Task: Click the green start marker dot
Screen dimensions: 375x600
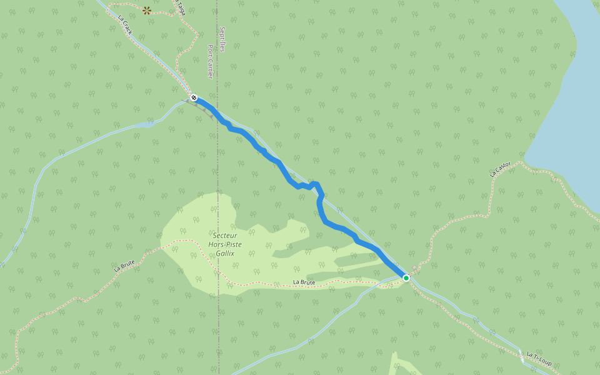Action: tap(406, 277)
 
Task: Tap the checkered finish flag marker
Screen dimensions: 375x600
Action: tap(194, 97)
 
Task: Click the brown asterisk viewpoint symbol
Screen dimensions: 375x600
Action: tap(147, 10)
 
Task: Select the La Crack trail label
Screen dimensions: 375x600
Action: tap(126, 25)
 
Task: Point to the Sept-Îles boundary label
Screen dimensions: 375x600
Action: tap(222, 39)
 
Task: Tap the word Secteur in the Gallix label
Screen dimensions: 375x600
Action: tap(225, 236)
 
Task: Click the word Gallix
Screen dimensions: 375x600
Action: tap(225, 253)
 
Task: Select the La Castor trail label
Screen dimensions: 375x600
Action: tap(501, 169)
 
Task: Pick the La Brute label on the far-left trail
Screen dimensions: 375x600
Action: tap(124, 265)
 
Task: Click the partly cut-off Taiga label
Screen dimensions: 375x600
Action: tap(181, 7)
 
